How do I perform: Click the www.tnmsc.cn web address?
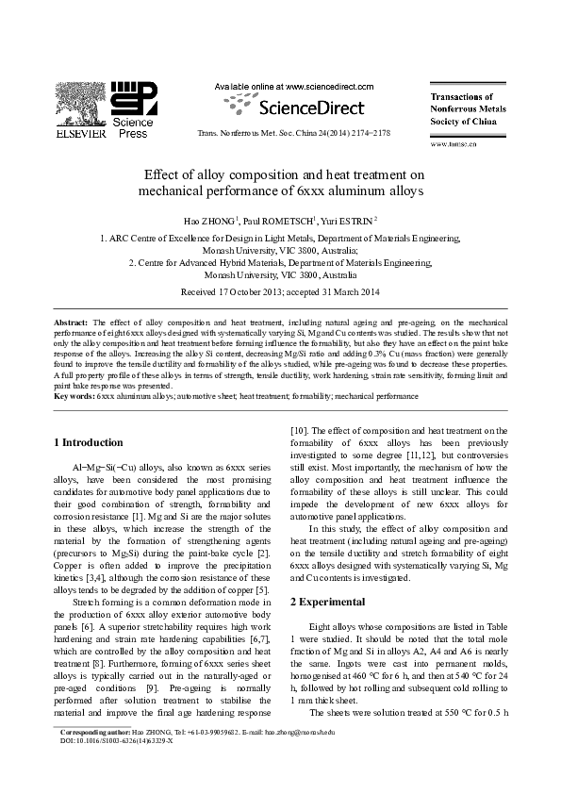[454, 144]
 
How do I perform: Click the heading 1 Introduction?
[89, 442]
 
